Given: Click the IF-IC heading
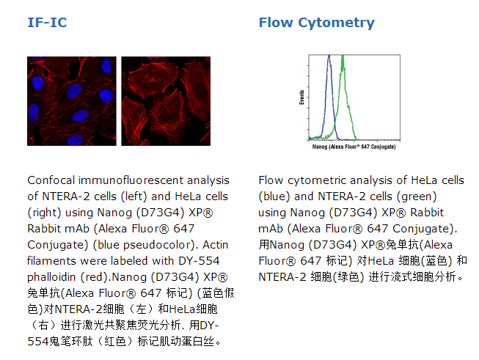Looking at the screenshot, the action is click(47, 22).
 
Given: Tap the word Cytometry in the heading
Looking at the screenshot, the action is click(337, 23).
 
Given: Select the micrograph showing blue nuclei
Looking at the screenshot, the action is click(72, 101).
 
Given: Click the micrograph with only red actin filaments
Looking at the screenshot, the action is click(166, 101).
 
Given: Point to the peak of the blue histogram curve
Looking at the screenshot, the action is click(329, 56).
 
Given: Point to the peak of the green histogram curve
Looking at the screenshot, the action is click(343, 56).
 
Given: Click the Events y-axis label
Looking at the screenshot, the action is click(301, 98).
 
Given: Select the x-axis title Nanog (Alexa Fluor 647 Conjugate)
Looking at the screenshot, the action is click(354, 147).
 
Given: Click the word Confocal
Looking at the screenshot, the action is click(51, 180).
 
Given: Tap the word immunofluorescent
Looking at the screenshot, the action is click(131, 180).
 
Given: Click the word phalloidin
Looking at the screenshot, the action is click(51, 277).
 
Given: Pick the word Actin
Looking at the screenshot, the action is click(216, 245).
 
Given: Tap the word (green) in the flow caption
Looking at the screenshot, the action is click(417, 196).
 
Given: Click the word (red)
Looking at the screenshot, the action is click(96, 277).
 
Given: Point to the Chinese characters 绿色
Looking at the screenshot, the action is click(348, 277).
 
